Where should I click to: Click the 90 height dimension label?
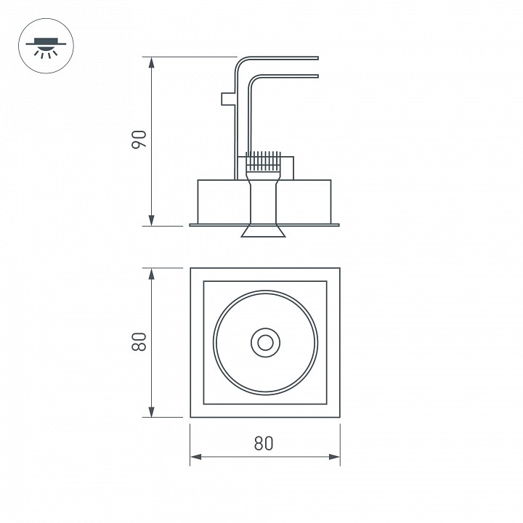click(x=140, y=140)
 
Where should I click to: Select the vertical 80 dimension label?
click(x=140, y=342)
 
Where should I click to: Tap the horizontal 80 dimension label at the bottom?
click(x=264, y=443)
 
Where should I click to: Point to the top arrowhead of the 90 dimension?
click(x=152, y=61)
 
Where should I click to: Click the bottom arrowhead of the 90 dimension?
click(x=152, y=221)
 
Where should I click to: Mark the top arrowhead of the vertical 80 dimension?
click(x=152, y=273)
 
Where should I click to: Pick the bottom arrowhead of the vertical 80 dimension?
click(x=152, y=413)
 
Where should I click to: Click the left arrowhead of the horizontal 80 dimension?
click(x=195, y=457)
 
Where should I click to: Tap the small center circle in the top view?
click(x=264, y=342)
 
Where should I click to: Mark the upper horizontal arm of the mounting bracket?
click(x=283, y=58)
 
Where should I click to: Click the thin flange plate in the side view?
click(x=218, y=224)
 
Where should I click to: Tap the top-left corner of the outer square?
click(x=190, y=268)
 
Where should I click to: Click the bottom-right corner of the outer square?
click(x=339, y=417)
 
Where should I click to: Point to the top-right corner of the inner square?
click(x=325, y=280)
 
